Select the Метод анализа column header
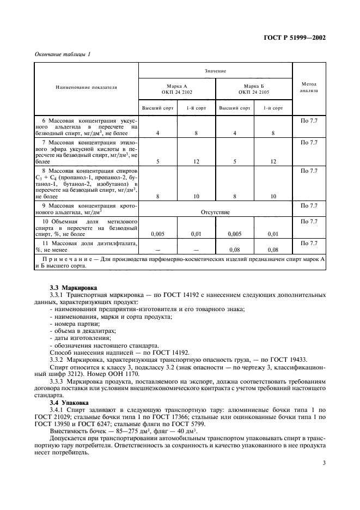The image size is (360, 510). (309, 87)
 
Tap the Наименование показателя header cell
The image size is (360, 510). (87, 87)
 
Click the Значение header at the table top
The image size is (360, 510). (216, 71)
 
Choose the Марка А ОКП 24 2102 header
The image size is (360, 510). (177, 89)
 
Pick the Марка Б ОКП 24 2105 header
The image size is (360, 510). (254, 89)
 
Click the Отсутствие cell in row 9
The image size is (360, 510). (216, 212)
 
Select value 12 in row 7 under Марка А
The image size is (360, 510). (196, 161)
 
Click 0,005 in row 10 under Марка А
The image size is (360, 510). (157, 234)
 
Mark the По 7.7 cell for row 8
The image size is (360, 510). (309, 171)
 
